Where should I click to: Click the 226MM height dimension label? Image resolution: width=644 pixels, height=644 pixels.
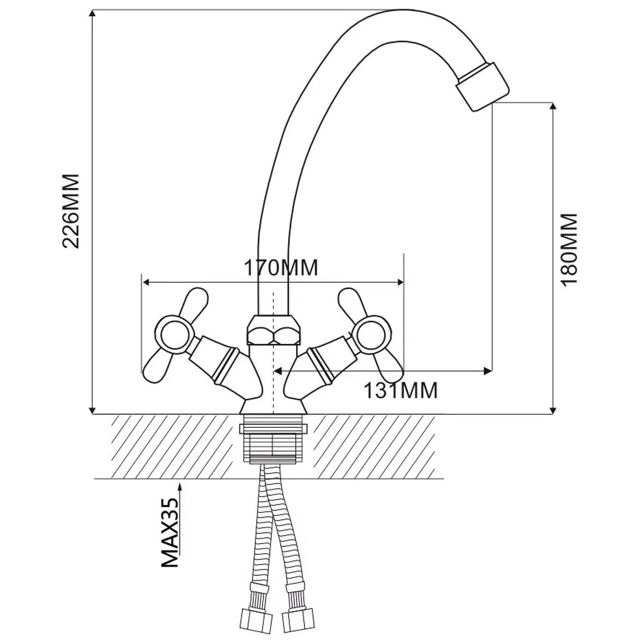(x=71, y=211)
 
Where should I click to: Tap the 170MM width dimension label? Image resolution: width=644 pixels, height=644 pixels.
(x=280, y=268)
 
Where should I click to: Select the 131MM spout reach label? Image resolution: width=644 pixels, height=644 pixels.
(x=400, y=390)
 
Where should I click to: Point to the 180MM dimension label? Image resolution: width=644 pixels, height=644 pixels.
(x=569, y=250)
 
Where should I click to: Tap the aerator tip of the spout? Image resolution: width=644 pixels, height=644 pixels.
(x=482, y=86)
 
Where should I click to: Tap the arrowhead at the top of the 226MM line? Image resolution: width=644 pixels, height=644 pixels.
(x=92, y=13)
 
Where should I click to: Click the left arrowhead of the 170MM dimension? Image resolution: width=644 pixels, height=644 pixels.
(x=147, y=283)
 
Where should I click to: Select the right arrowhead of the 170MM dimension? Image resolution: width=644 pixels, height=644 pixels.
(x=399, y=283)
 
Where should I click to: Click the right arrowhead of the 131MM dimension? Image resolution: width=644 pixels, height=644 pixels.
(x=488, y=370)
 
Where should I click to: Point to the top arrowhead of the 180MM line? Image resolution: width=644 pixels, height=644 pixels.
(x=553, y=107)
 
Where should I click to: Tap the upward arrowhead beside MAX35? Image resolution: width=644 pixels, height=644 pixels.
(x=180, y=487)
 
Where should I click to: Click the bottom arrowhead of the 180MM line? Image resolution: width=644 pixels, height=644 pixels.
(x=553, y=410)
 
